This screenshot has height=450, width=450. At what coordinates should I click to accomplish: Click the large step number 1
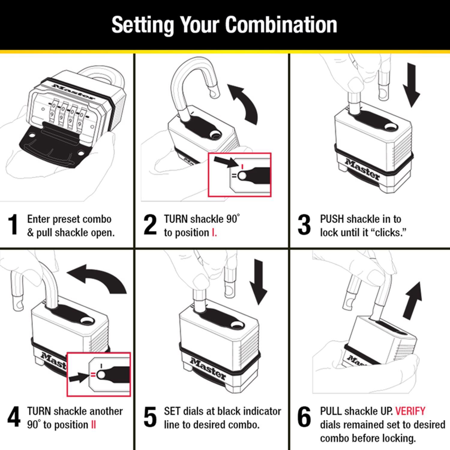point(13,225)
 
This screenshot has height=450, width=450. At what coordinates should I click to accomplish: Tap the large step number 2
point(150,225)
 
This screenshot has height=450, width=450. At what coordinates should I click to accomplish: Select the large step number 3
point(304,225)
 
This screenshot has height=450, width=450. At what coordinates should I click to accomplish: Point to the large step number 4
point(14,417)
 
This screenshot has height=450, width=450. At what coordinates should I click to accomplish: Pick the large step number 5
point(150,417)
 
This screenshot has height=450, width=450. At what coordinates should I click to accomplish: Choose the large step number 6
point(304,417)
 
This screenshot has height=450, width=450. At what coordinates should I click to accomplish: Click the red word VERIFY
point(410,411)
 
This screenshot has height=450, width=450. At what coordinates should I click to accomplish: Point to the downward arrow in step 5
point(258,282)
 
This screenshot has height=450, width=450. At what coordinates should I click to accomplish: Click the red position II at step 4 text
point(93,425)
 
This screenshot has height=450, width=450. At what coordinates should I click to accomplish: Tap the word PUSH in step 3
point(332,219)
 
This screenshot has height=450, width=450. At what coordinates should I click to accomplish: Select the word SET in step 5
point(172,411)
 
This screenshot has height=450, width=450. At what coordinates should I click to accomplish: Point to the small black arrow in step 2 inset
point(225,162)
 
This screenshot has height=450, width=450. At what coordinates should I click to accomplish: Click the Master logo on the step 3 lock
point(362,169)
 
